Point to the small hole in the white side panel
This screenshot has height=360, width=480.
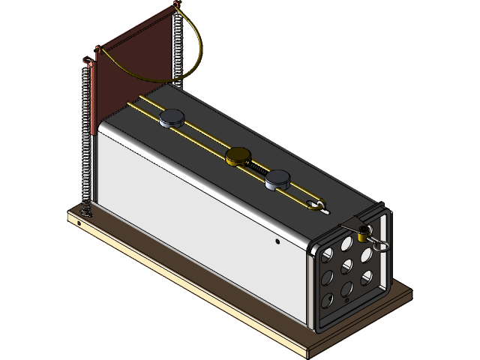pyautogui.click(x=277, y=241)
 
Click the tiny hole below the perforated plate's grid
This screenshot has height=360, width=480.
pyautogui.click(x=348, y=299)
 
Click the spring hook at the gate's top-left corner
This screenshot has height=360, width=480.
pyautogui.click(x=96, y=51)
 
